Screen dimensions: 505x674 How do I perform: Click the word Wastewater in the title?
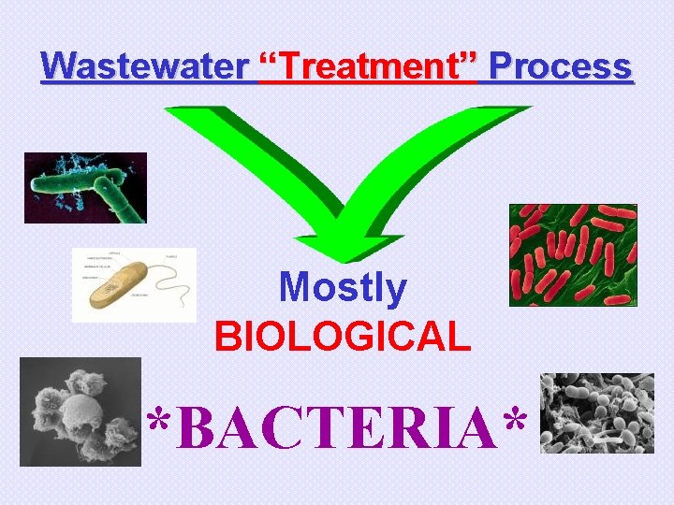pyautogui.click(x=145, y=66)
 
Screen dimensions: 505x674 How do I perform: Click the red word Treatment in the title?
pyautogui.click(x=371, y=66)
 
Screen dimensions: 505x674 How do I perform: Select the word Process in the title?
pyautogui.click(x=560, y=66)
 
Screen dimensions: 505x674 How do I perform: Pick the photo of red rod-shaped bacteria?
pyautogui.click(x=572, y=254)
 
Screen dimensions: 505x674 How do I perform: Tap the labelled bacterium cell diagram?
pyautogui.click(x=134, y=284)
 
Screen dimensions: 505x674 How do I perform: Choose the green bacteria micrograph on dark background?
pyautogui.click(x=85, y=187)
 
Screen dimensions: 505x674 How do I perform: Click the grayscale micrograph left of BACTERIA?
pyautogui.click(x=80, y=411)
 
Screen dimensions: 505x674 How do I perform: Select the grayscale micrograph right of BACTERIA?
pyautogui.click(x=597, y=413)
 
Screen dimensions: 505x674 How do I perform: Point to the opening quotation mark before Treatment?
pyautogui.click(x=265, y=64)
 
